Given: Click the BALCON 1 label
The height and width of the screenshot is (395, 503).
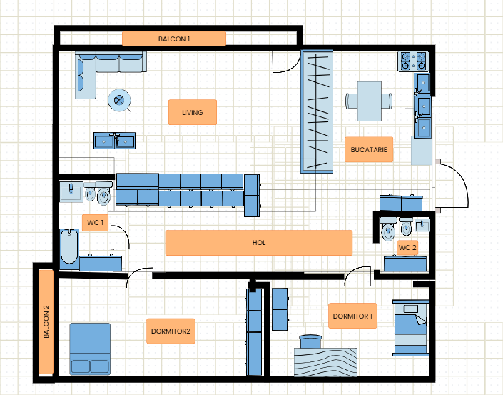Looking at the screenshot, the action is click(174, 39).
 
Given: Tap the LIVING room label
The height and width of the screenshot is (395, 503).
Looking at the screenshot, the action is click(193, 112).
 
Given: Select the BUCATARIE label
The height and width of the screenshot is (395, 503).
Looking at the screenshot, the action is click(369, 150).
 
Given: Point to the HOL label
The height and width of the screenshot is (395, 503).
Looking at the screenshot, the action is click(259, 243).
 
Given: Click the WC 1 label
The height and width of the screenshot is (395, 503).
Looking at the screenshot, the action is click(96, 223).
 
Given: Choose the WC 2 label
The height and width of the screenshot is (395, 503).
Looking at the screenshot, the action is click(407, 248).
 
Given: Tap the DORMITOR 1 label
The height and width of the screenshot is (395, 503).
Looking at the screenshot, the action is click(352, 316).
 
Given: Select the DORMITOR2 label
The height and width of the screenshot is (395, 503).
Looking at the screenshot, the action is click(171, 331).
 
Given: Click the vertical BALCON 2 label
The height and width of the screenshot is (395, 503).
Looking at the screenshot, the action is click(46, 321).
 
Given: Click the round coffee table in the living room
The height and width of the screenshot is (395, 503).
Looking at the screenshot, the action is click(119, 100).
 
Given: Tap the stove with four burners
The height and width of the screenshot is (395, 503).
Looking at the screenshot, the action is click(414, 61).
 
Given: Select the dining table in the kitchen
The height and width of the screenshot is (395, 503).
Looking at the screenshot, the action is click(370, 101).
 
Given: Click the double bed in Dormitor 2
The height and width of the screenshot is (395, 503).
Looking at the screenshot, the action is click(90, 349).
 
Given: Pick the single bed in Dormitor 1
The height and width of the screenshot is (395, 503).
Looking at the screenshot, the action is click(411, 328).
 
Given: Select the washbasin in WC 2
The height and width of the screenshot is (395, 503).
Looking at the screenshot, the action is click(422, 225).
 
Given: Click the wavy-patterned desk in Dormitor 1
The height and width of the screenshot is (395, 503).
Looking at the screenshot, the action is click(325, 362).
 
